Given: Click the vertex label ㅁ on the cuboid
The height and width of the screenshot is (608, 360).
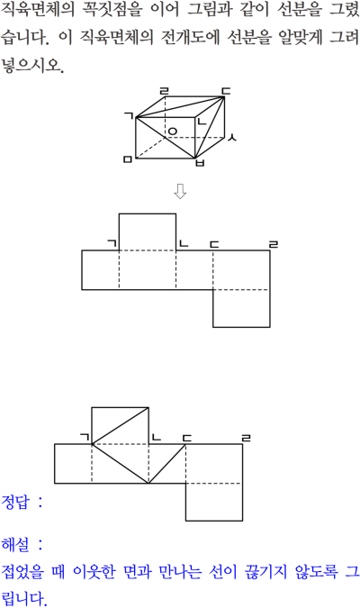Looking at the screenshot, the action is (x=128, y=159).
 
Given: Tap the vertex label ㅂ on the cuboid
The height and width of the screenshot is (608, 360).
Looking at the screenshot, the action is (x=200, y=163).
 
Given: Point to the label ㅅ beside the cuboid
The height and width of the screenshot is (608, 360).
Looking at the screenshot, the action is (x=231, y=137).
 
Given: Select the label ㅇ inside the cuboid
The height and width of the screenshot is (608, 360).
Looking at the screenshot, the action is (x=172, y=132).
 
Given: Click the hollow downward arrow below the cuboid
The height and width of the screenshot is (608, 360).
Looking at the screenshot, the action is (x=180, y=191).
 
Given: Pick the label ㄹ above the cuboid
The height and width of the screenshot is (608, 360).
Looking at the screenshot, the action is (x=165, y=92).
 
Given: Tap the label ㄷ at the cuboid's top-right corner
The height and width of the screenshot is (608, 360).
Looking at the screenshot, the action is (x=226, y=91).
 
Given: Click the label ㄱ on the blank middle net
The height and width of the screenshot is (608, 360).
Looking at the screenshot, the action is (x=112, y=243).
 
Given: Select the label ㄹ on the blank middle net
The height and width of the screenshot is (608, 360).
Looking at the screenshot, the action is (x=274, y=244).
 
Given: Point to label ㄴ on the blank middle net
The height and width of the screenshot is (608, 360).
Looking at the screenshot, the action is (x=183, y=243).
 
